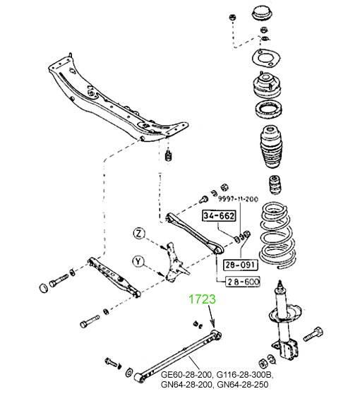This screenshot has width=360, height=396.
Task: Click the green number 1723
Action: tap(203, 299)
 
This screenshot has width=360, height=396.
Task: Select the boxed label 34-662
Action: tap(219, 215)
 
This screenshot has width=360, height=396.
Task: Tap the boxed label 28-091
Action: tap(240, 265)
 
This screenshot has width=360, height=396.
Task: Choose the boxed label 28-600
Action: tap(243, 282)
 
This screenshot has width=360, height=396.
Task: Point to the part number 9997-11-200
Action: tap(239, 199)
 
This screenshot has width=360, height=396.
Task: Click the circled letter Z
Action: tap(139, 234)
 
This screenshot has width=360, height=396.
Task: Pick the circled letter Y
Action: tap(138, 262)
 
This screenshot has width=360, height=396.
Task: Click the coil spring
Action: tap(277, 235)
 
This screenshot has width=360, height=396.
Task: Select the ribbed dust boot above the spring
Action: tap(271, 147)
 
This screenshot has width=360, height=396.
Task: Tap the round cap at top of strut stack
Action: tap(262, 14)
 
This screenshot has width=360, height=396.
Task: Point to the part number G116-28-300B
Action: tap(244, 375)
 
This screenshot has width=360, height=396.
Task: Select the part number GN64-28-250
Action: tap(243, 385)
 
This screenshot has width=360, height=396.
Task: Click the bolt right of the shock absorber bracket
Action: tap(313, 334)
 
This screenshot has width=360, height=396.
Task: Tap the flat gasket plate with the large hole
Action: tap(266, 59)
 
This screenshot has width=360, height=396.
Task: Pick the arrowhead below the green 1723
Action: tap(212, 324)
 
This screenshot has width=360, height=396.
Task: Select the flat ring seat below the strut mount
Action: tap(268, 109)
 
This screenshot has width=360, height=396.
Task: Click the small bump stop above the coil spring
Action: tap(275, 185)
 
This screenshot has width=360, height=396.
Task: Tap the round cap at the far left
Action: tap(44, 288)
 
